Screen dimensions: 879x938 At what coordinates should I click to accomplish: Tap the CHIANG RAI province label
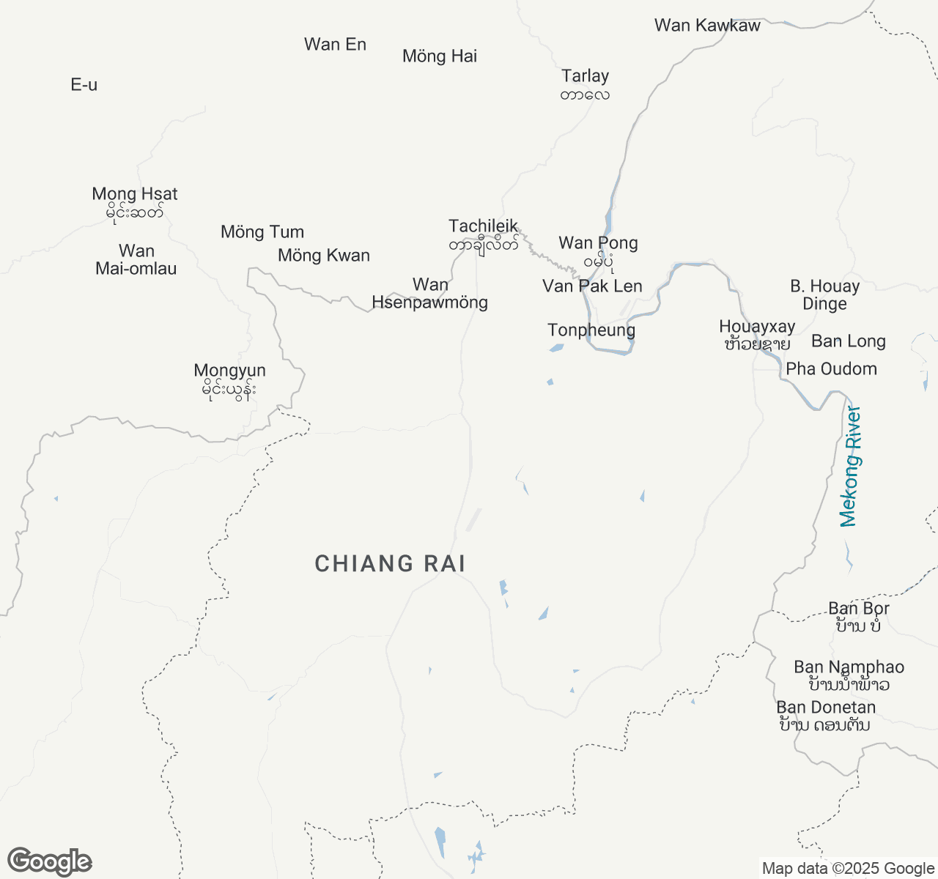(390, 563)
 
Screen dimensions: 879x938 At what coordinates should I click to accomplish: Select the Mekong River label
(849, 467)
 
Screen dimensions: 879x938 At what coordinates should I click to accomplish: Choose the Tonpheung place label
(591, 330)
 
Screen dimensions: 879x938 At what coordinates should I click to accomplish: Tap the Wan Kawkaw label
(707, 26)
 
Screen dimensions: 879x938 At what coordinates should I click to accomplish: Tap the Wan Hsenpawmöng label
(430, 294)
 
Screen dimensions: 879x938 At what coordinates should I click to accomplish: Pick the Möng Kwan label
(324, 256)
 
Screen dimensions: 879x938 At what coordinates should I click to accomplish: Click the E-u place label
(84, 85)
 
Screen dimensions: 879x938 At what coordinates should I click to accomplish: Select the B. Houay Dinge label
(824, 295)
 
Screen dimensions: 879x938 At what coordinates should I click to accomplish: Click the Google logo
(49, 862)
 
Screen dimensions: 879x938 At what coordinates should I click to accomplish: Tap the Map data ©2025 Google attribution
(848, 869)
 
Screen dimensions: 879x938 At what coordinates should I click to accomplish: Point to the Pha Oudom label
(831, 369)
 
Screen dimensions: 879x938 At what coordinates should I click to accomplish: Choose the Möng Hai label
(440, 56)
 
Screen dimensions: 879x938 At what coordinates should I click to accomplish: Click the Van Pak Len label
(592, 286)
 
